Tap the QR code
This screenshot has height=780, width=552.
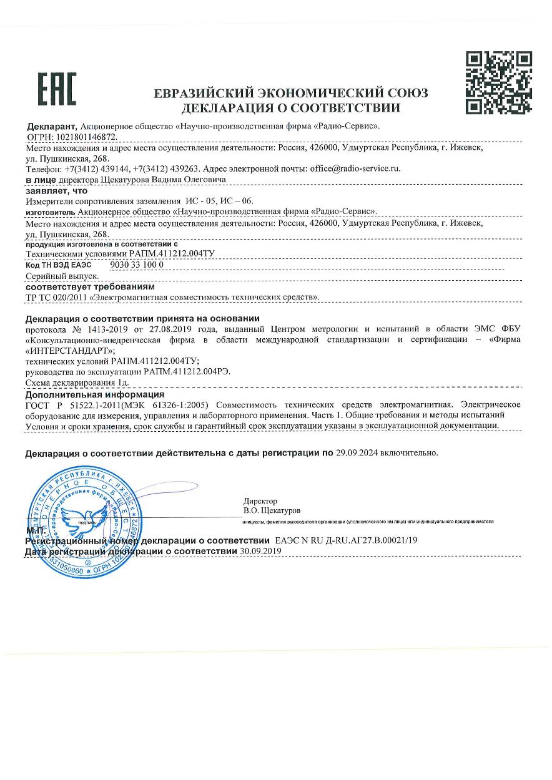(x=500, y=82)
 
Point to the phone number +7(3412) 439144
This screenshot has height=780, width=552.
(x=95, y=168)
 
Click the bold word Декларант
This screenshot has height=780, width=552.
(x=51, y=125)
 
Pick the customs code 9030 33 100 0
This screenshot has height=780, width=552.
(x=136, y=265)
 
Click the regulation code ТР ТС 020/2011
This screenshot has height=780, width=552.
(x=56, y=297)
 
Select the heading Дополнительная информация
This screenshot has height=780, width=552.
(x=94, y=394)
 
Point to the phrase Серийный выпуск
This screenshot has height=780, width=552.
(x=62, y=275)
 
